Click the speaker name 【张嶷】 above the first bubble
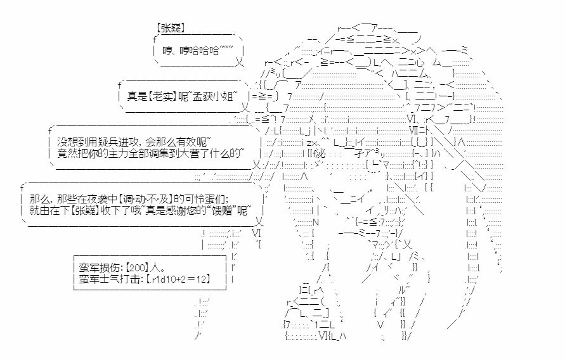click(171, 29)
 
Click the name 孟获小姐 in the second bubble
click(212, 96)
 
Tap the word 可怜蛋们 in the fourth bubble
click(210, 198)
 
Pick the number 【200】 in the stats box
click(138, 267)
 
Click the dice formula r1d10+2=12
click(179, 279)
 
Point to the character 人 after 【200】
click(155, 267)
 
